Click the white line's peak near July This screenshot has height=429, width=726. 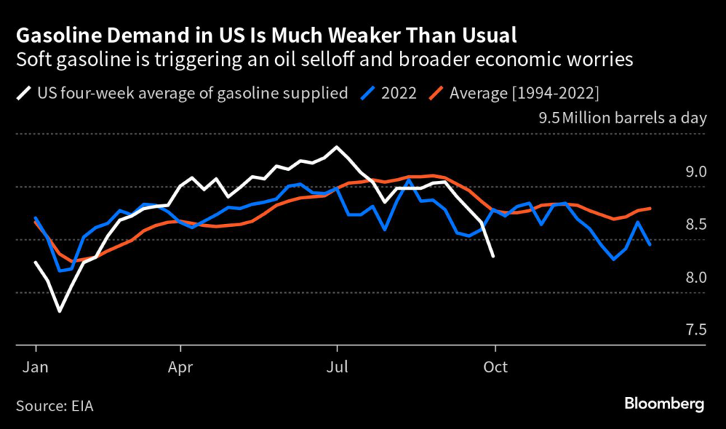pyautogui.click(x=336, y=147)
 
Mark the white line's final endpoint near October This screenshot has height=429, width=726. pyautogui.click(x=493, y=256)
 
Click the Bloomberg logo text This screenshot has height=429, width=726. pyautogui.click(x=664, y=404)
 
